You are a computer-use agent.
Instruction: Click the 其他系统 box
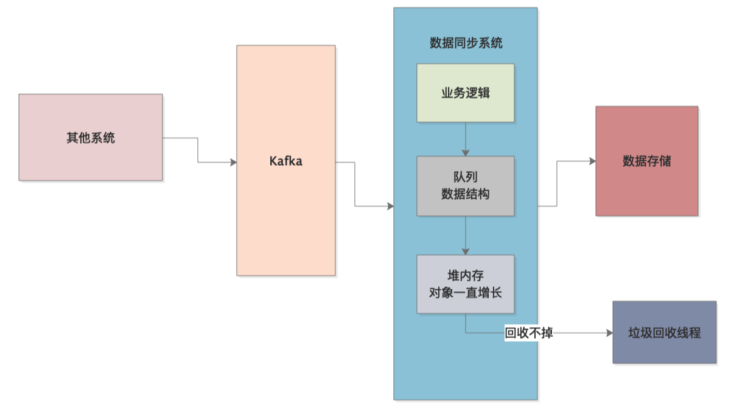91,137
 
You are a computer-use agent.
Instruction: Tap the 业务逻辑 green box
466,93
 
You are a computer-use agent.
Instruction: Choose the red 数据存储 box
646,161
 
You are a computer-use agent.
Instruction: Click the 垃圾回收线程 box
664,333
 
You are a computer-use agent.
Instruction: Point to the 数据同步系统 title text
466,43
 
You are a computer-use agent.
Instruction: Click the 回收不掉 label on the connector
529,333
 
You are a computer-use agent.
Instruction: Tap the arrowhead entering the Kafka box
233,162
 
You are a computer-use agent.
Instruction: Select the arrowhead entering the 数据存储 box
592,161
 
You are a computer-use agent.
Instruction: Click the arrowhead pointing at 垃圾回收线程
609,333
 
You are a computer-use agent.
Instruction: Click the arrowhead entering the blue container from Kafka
390,207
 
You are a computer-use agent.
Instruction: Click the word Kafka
286,162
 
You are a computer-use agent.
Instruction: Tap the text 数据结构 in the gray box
466,194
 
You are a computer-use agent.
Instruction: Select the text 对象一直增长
466,292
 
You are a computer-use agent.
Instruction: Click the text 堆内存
466,276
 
